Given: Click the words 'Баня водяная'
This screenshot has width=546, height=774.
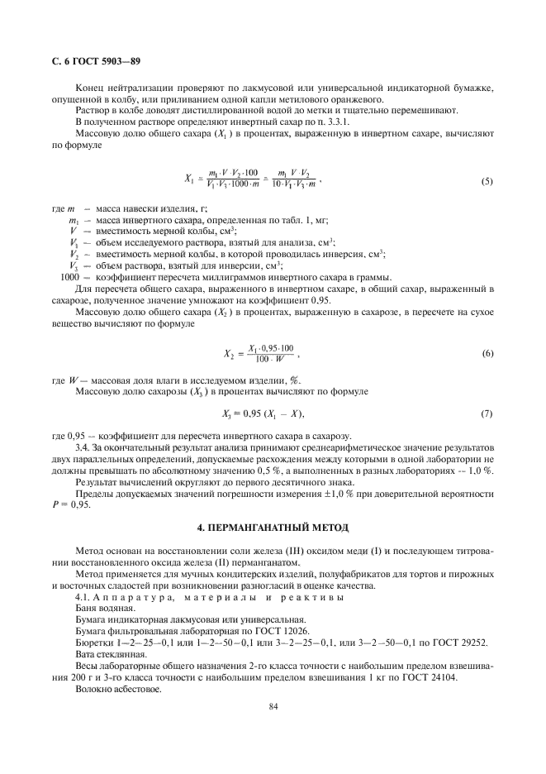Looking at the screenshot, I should [101, 607].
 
